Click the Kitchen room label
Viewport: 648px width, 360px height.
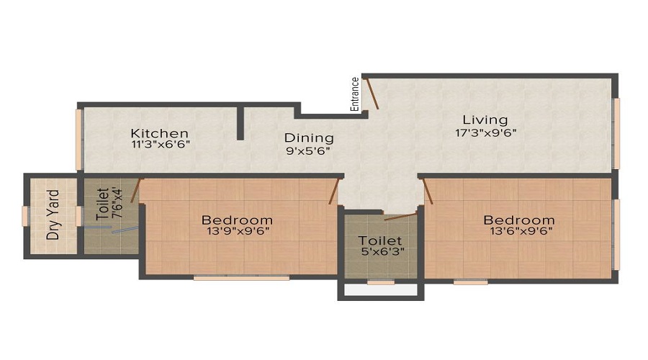[160, 133]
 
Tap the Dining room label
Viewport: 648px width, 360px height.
[309, 138]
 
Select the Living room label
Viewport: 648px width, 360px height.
[485, 120]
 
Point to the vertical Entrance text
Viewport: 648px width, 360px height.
[354, 94]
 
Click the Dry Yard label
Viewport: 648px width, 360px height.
[53, 215]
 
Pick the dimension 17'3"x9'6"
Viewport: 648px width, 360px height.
[486, 133]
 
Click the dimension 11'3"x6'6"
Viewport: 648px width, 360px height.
[161, 145]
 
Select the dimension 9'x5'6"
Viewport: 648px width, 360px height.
[308, 151]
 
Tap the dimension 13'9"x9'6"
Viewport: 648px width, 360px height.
[238, 231]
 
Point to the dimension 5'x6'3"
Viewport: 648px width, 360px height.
[382, 251]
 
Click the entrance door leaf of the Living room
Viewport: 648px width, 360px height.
[373, 94]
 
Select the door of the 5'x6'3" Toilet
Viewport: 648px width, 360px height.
[400, 217]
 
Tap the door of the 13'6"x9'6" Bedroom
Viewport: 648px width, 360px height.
[428, 191]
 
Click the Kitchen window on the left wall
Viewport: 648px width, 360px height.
[78, 139]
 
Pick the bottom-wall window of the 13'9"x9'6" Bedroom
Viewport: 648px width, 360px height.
[241, 278]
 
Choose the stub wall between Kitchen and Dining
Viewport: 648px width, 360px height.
[240, 123]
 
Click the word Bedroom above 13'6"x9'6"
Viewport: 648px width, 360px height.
[519, 220]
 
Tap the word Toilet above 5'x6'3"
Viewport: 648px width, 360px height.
[379, 240]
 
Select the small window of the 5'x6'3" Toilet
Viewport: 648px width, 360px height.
[381, 283]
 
